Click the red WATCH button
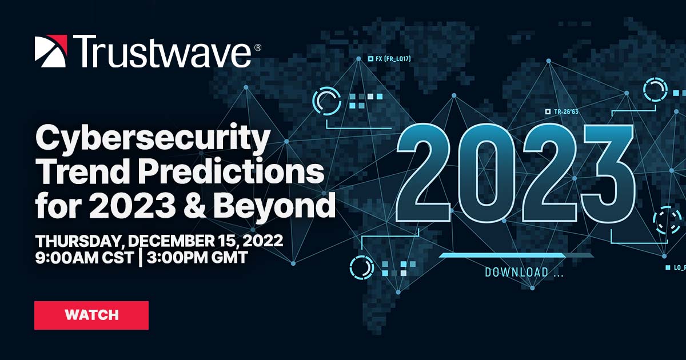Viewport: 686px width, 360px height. point(91,315)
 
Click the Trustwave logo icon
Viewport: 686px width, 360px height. point(51,51)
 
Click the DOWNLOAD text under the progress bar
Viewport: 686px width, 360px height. point(516,273)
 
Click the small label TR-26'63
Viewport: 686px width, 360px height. point(565,112)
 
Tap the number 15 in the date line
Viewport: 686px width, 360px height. point(224,241)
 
